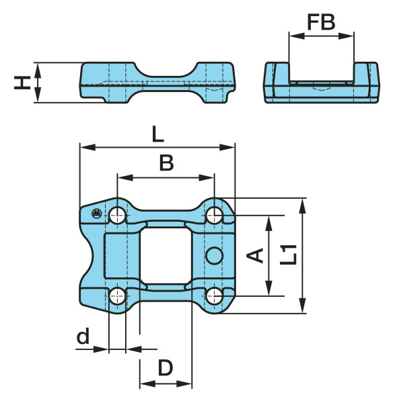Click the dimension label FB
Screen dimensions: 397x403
pos(322,22)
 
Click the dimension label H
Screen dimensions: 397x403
pos(22,83)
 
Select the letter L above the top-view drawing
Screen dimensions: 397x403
pos(157,134)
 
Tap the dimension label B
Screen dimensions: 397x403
pos(167,163)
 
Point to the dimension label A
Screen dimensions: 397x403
pos(255,255)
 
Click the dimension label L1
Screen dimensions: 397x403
pos(289,255)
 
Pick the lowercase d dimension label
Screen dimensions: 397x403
pos(83,336)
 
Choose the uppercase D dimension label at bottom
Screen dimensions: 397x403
pos(166,368)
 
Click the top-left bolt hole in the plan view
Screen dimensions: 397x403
pos(117,216)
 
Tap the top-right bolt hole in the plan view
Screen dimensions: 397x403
pos(215,216)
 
